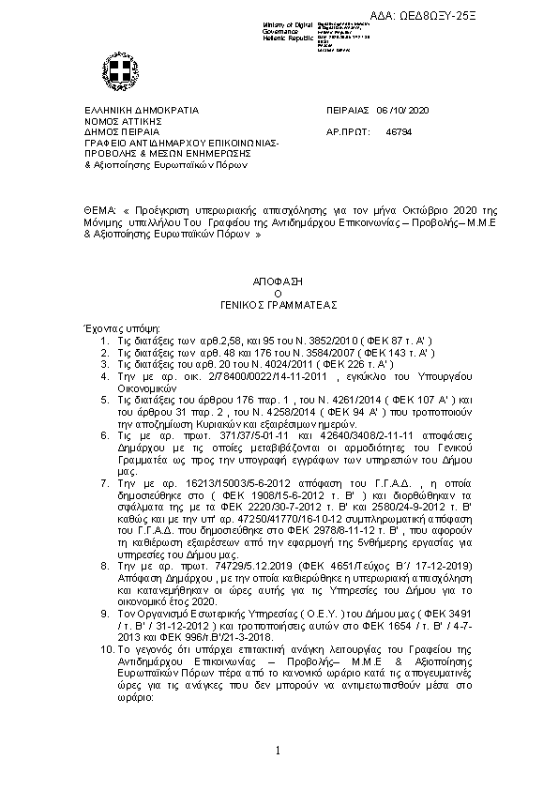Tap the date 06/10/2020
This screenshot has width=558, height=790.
(401, 110)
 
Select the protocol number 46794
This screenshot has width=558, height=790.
(398, 133)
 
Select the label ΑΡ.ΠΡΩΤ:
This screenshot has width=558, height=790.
(345, 133)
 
